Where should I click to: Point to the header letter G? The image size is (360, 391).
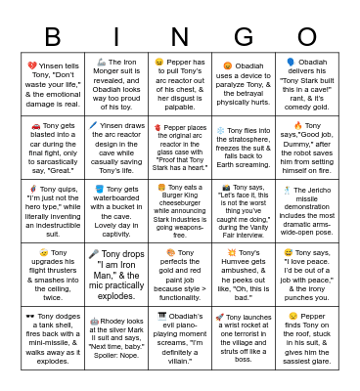tap(240, 37)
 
